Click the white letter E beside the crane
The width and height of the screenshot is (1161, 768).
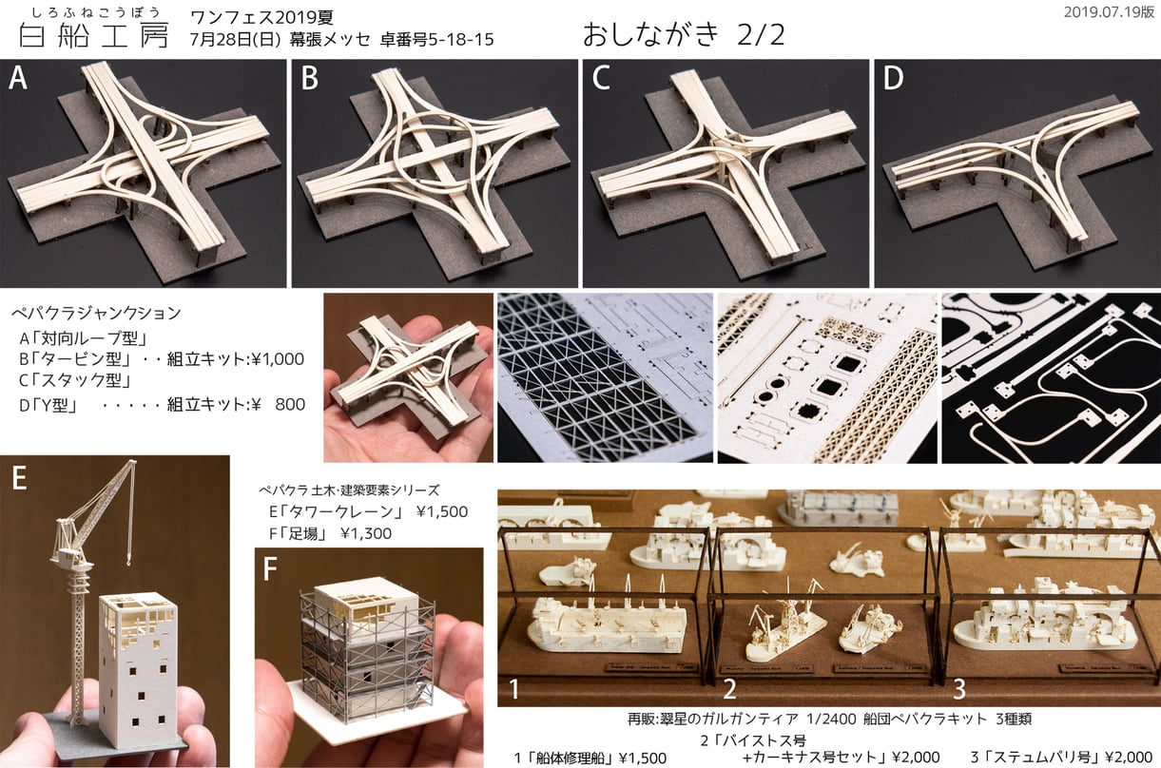(19, 477)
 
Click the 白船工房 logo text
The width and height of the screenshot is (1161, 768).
(94, 36)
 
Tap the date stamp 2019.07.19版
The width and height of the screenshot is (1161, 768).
(1109, 12)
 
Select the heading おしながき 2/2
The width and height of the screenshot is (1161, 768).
(684, 35)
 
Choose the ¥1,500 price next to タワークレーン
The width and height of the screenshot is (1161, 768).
(442, 512)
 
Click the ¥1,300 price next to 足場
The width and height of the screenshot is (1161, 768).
(366, 534)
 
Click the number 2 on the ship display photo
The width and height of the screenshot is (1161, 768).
(729, 689)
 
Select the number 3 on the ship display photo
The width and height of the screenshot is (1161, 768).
(959, 689)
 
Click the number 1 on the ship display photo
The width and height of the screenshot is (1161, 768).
(513, 689)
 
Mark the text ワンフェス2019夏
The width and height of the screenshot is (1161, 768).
(261, 18)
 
